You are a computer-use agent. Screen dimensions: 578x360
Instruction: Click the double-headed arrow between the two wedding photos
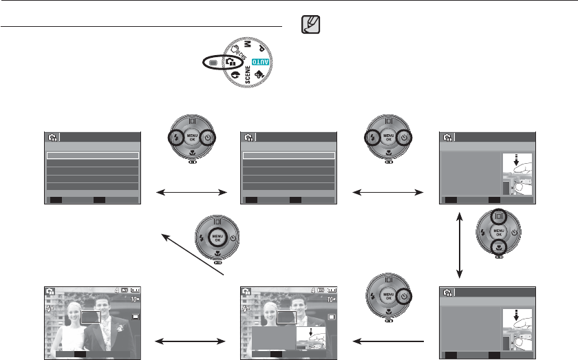click(191, 339)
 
